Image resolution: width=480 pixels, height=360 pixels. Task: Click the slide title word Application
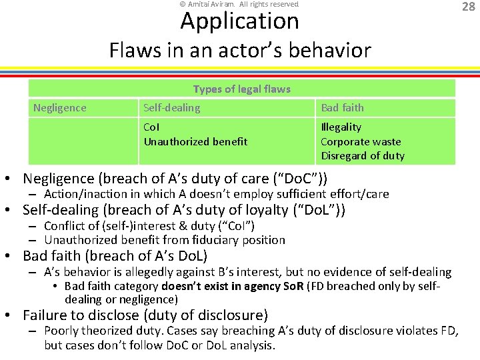tap(239, 22)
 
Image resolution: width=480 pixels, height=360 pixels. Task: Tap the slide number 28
tap(469, 7)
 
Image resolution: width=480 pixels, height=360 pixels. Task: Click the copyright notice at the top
tap(239, 4)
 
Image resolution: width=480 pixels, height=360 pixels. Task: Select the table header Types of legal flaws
tap(241, 89)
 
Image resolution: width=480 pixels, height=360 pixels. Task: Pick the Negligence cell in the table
tap(60, 107)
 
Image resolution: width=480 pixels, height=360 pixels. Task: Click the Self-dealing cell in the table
tap(171, 107)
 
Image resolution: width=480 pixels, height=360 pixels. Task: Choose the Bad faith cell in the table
tap(342, 107)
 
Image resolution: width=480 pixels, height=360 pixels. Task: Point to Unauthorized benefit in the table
tap(195, 141)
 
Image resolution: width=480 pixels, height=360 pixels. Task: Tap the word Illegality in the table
tap(341, 127)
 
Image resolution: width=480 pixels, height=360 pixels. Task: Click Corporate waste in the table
tap(361, 141)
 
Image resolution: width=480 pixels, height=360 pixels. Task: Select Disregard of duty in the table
tap(363, 156)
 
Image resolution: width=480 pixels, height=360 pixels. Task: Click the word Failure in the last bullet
tap(45, 315)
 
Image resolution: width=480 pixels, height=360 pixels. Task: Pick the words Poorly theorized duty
tap(104, 331)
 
